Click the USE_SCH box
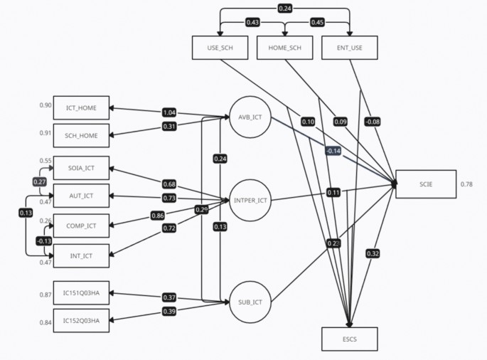[x=219, y=47]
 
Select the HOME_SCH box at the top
[x=284, y=47]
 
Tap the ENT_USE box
[x=349, y=47]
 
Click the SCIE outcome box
[x=425, y=184]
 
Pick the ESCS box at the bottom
[x=349, y=339]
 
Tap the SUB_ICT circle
[x=250, y=302]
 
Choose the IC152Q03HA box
[x=82, y=321]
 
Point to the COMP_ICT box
[x=82, y=225]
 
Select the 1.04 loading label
[x=169, y=112]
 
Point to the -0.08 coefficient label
[x=373, y=121]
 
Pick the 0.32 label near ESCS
[x=373, y=253]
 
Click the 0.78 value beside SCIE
[x=466, y=184]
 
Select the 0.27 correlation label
[x=40, y=181]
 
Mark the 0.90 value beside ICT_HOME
[x=46, y=105]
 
